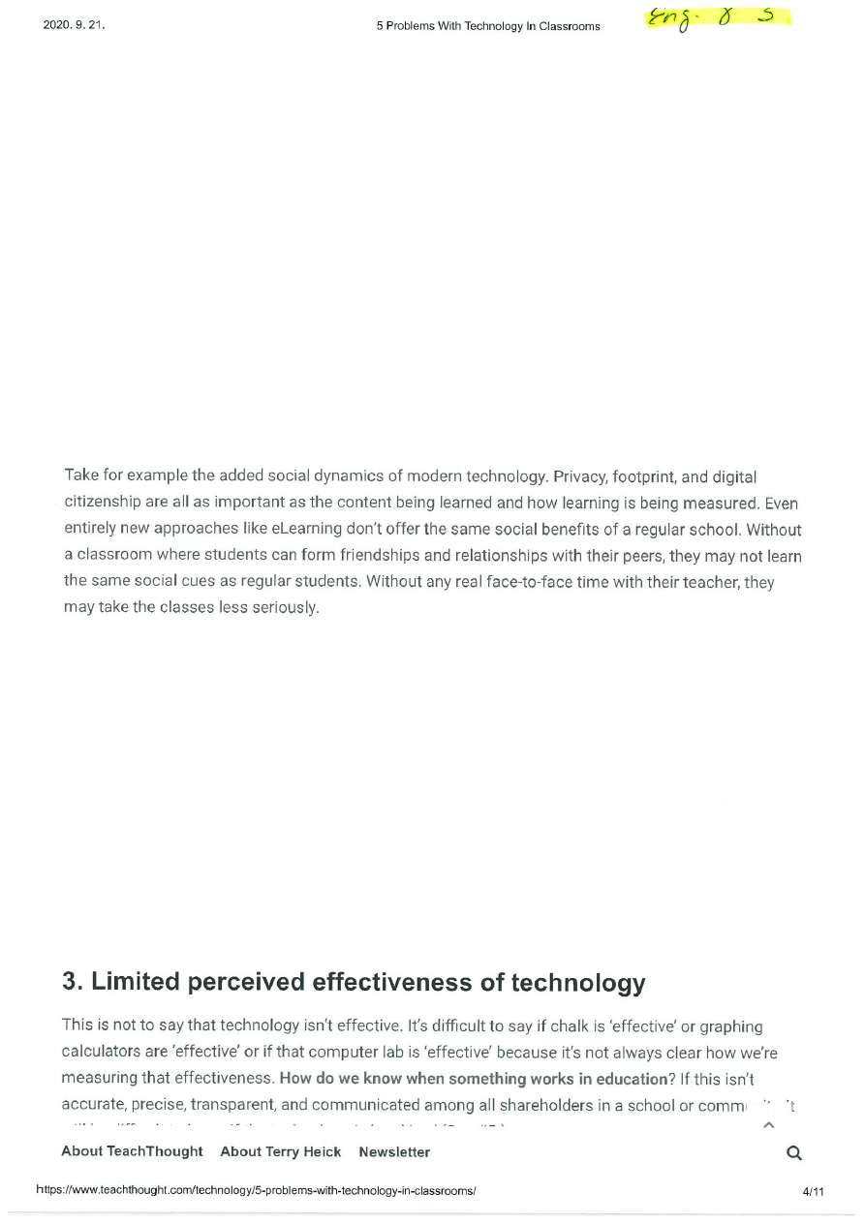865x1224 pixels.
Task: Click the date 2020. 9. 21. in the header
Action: click(74, 25)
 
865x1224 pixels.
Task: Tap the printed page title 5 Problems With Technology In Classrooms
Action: click(488, 26)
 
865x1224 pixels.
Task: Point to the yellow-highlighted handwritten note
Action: click(717, 17)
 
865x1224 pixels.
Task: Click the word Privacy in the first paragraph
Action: click(577, 476)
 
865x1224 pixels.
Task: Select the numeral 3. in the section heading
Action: click(74, 982)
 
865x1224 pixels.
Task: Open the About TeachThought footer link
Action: click(132, 1151)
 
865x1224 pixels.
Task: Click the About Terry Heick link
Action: click(281, 1151)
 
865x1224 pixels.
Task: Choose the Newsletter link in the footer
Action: click(394, 1151)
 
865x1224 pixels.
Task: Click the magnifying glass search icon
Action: click(794, 1152)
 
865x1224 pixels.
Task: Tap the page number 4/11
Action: click(813, 1190)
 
